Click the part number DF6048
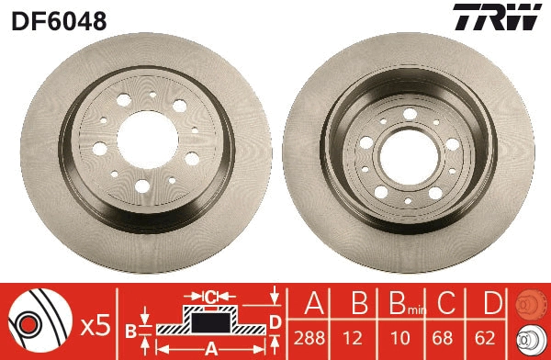point(58,19)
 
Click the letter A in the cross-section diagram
point(209,348)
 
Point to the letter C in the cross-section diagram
point(209,296)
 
